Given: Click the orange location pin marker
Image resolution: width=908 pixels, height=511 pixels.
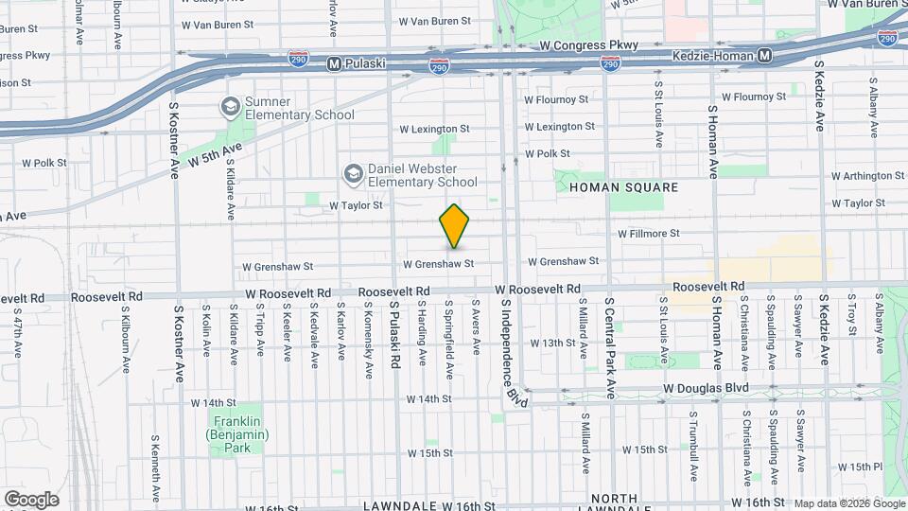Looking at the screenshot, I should point(454,227).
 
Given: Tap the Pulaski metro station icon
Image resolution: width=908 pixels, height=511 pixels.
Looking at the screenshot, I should point(332,64).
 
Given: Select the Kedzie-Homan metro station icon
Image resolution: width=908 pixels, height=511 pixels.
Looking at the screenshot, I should point(764,56).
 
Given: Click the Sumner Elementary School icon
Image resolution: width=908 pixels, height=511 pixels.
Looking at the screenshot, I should point(229,106).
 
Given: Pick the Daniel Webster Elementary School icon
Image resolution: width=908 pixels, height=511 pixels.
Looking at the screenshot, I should point(353,173).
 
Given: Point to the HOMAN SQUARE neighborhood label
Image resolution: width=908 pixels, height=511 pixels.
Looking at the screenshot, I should point(623,187).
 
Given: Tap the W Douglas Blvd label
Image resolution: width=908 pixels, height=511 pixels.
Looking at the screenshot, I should point(706,388).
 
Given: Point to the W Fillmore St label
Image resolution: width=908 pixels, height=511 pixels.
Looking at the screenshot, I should point(649,233).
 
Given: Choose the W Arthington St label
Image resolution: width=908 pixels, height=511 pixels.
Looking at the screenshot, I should point(868,176).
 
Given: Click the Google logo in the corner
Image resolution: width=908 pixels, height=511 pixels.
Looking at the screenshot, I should point(31,500).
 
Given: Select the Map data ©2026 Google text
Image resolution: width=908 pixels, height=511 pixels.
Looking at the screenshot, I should point(848,503).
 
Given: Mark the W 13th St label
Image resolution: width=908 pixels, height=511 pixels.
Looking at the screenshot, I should point(552,343).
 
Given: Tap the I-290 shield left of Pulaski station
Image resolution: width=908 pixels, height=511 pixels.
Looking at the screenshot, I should point(298,60).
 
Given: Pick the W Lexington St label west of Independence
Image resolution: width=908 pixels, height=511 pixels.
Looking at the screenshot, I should point(434,129).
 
